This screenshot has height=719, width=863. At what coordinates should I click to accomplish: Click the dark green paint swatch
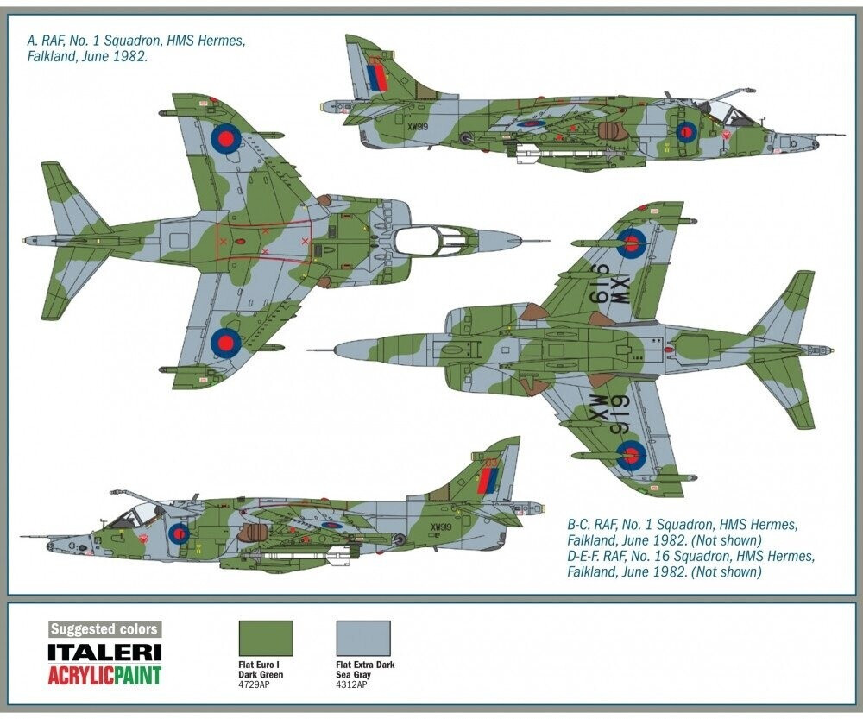point(265,638)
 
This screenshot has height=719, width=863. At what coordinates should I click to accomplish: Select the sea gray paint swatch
point(362,638)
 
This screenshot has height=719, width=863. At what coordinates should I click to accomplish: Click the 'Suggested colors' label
point(104,629)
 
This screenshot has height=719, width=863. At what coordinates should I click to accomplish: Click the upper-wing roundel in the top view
point(226,136)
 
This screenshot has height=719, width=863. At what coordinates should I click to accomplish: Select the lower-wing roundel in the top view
point(226,342)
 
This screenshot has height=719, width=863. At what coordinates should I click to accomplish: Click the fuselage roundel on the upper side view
point(686,132)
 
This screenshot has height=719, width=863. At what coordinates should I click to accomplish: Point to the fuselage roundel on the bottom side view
point(179,533)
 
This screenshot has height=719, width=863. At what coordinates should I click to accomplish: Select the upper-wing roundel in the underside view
point(631,243)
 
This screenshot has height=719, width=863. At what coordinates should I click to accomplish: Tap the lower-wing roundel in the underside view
point(631,455)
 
